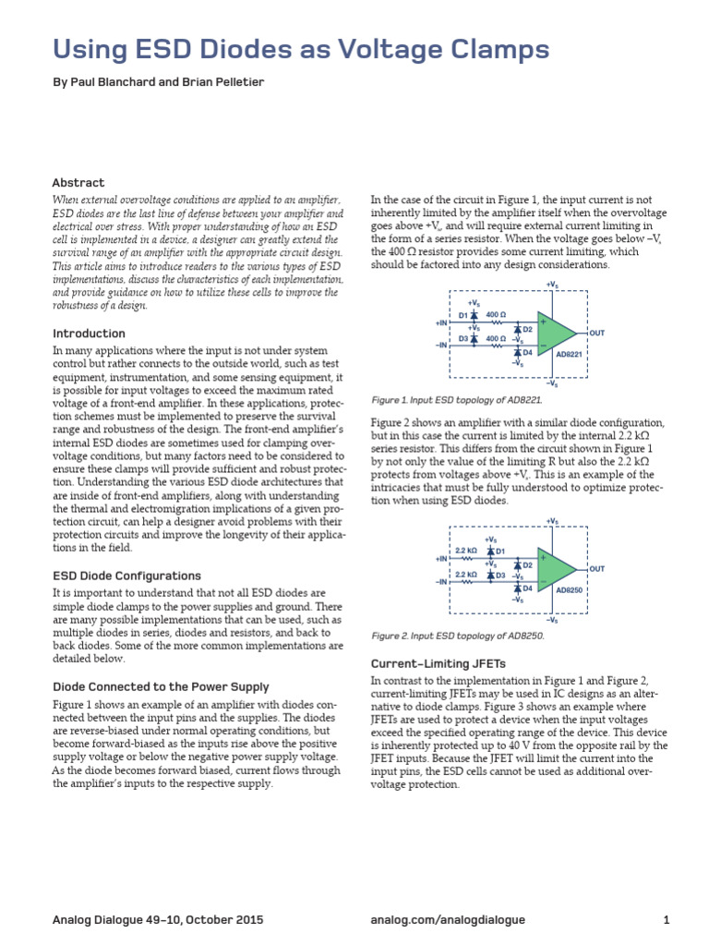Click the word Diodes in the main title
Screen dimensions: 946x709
tap(244, 48)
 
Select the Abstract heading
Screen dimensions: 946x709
tap(78, 183)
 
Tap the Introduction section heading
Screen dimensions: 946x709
tap(89, 334)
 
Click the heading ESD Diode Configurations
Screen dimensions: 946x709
tap(126, 576)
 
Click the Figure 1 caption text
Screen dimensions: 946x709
tap(456, 401)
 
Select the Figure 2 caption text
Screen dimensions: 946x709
tap(457, 636)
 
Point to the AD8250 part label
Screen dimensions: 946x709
tap(570, 589)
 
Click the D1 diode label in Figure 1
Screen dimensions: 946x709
tap(463, 316)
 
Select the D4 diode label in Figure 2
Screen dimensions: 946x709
tap(527, 588)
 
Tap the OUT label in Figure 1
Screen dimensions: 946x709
tap(596, 332)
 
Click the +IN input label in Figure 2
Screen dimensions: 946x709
tap(439, 560)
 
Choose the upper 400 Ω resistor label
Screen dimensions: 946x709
tap(496, 315)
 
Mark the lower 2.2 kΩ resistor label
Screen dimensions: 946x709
tap(465, 574)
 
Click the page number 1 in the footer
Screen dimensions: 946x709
tap(666, 920)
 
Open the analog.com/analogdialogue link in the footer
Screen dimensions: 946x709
tap(447, 920)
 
